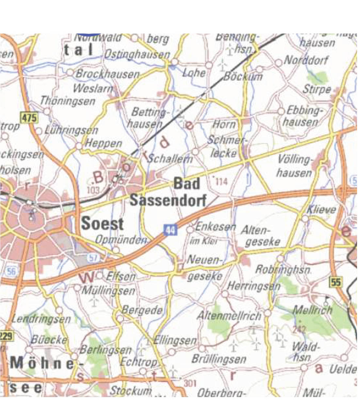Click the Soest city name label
coord(102,224)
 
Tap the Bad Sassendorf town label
coord(168,192)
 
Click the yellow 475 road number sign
coord(29,117)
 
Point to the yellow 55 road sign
coord(336,282)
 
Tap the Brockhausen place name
coord(107,74)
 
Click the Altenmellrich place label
coord(229,316)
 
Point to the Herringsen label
coord(254,286)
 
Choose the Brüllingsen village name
coord(219,359)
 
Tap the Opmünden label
coord(121,240)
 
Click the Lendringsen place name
coord(41,319)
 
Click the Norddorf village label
coord(305,60)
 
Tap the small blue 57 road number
coord(93,257)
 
